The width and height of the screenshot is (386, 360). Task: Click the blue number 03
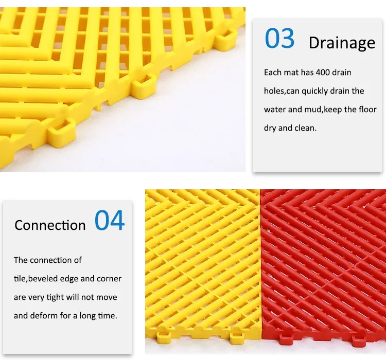tap(279, 38)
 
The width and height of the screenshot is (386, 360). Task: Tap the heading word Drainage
tap(342, 43)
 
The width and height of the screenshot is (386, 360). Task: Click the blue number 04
tap(110, 220)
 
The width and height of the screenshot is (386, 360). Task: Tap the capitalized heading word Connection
tap(50, 225)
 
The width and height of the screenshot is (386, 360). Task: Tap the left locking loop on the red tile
tap(284, 341)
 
